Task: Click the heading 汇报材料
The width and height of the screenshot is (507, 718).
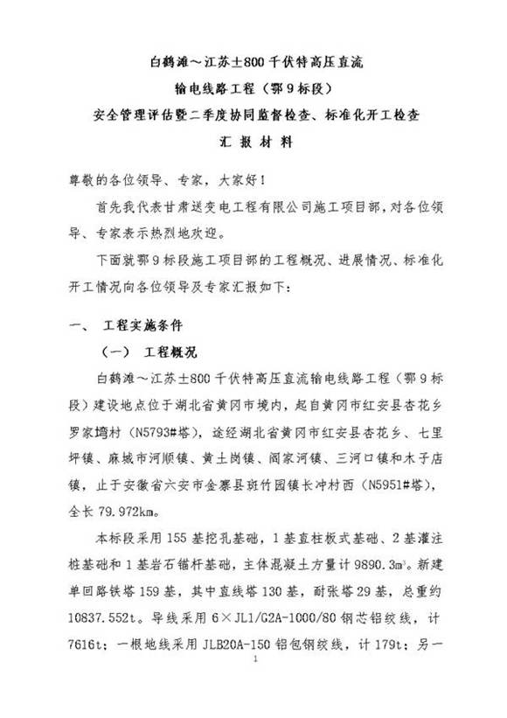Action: coord(253,141)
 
